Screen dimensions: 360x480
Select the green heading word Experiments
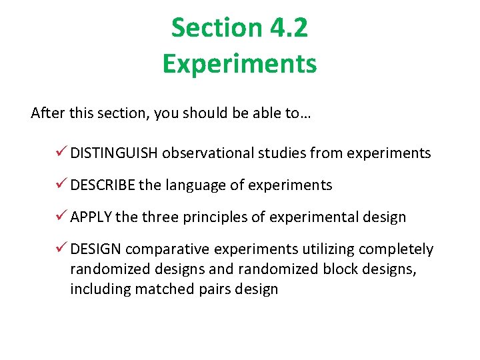pyautogui.click(x=239, y=64)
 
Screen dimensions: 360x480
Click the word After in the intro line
pyautogui.click(x=47, y=113)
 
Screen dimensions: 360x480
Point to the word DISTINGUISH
pyautogui.click(x=114, y=153)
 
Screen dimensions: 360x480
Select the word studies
pyautogui.click(x=281, y=153)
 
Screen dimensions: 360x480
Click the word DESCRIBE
pyautogui.click(x=103, y=185)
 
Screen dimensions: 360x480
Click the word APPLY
pyautogui.click(x=91, y=217)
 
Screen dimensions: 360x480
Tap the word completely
pyautogui.click(x=396, y=249)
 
